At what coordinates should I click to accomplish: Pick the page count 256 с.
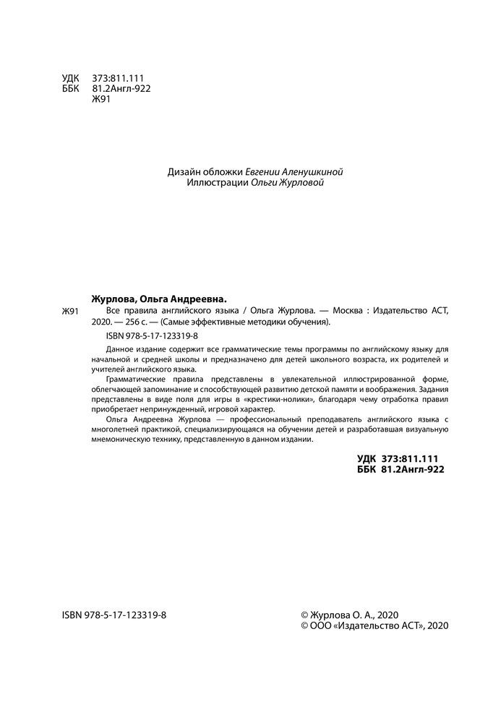[138, 322]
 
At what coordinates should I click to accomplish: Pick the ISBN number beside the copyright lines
[115, 612]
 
